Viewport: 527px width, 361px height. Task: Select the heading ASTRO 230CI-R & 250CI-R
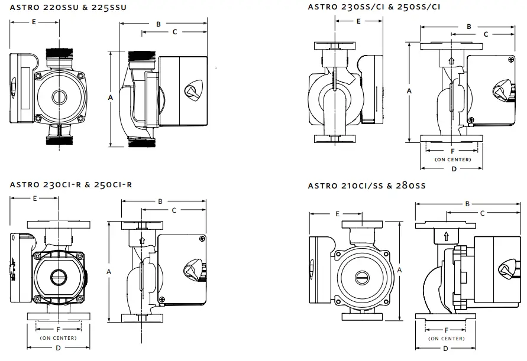[x=71, y=185]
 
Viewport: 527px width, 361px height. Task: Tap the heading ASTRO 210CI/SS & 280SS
[x=367, y=186]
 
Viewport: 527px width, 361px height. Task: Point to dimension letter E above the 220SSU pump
[x=34, y=22]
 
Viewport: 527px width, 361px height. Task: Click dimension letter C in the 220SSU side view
[x=174, y=32]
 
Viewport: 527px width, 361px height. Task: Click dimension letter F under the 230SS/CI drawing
[x=452, y=151]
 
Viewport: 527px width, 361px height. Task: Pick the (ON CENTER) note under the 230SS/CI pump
[x=452, y=160]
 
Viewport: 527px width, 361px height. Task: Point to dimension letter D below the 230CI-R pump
[x=58, y=347]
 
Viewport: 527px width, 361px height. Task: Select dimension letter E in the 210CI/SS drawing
[x=337, y=213]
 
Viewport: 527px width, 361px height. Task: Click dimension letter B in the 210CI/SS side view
[x=467, y=204]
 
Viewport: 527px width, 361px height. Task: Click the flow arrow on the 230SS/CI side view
[x=452, y=60]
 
